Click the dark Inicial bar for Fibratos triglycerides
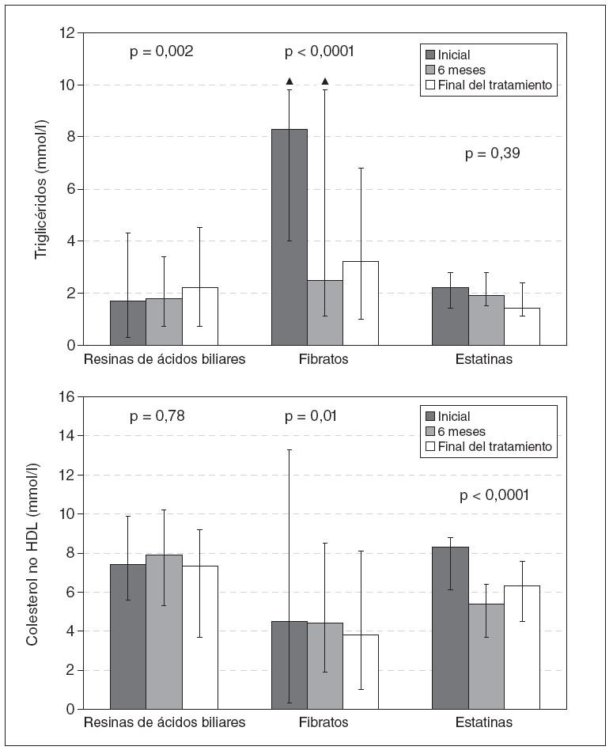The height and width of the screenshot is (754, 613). [x=289, y=237]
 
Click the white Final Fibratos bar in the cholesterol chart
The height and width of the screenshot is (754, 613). [x=361, y=672]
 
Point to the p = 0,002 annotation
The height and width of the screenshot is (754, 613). [x=161, y=52]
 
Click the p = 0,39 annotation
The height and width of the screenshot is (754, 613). [x=491, y=154]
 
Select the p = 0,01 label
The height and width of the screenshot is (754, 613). [x=311, y=416]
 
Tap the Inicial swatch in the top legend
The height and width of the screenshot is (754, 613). [x=431, y=55]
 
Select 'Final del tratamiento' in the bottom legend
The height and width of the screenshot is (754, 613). [x=494, y=446]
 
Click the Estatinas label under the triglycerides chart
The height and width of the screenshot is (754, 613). [x=484, y=359]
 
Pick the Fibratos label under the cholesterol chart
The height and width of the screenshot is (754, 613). [x=324, y=722]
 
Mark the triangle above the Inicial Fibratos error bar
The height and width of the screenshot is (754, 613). [x=289, y=81]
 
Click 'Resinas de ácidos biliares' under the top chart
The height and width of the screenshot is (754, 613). [x=165, y=359]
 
